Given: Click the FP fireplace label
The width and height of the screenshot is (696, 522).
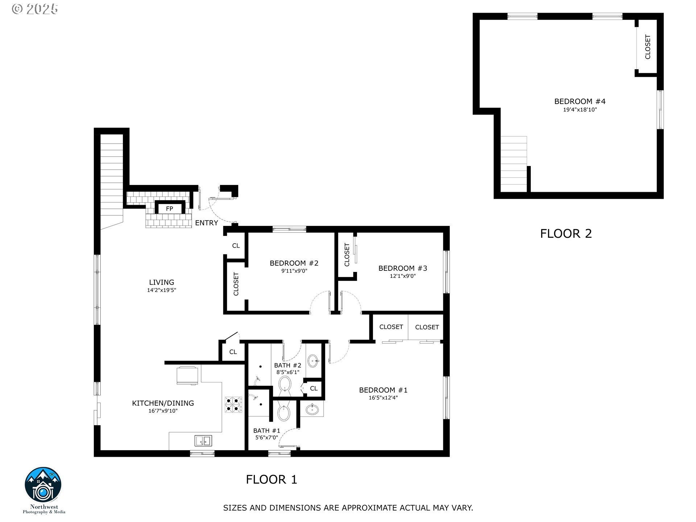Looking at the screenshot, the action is click(169, 209).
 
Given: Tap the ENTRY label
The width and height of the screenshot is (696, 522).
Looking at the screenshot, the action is click(207, 223).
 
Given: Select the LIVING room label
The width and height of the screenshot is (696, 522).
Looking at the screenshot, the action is click(162, 282).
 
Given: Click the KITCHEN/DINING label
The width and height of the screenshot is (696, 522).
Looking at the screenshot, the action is click(163, 403).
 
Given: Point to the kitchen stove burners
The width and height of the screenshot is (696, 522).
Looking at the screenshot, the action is click(233, 405).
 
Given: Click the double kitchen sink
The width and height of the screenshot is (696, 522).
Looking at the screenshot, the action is click(203, 441).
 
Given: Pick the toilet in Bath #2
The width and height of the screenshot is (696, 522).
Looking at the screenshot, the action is click(285, 385).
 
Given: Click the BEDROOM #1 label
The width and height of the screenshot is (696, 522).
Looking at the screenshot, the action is click(383, 390).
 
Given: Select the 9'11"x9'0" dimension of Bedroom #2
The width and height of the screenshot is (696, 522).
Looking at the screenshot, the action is click(294, 271).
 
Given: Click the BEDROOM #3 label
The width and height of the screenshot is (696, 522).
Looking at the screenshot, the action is click(403, 268).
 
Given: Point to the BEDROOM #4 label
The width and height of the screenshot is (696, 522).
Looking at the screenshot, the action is click(580, 101).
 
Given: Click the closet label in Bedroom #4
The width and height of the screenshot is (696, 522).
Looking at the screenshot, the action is click(648, 47).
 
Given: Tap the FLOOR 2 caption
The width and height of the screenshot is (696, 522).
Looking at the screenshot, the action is click(566, 233).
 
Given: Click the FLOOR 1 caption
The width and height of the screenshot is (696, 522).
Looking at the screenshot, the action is click(272, 480).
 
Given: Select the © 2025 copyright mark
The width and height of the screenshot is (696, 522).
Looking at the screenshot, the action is click(35, 9).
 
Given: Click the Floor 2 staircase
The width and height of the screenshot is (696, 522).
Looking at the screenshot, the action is click(514, 164).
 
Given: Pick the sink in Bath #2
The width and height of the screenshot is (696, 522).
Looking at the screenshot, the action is click(313, 361).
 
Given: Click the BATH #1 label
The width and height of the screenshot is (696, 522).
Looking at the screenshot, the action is click(267, 431).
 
